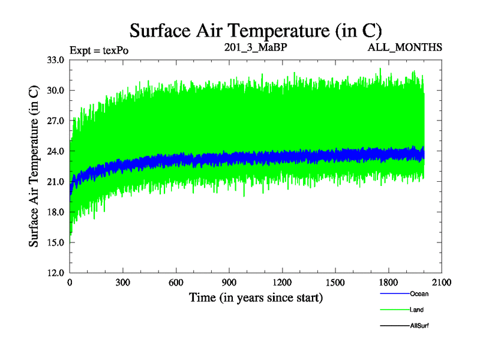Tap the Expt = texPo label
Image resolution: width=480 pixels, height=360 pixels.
point(99,50)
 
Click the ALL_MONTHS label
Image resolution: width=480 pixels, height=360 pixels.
point(405,47)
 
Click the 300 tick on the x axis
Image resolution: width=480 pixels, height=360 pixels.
point(123,283)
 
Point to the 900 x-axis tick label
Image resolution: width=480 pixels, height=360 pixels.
point(229,283)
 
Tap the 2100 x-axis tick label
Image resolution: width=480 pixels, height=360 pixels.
point(442,283)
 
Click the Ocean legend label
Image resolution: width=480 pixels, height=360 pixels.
point(419,294)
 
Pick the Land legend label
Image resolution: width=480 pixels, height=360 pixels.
point(417,310)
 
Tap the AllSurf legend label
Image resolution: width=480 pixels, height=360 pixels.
point(419,325)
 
